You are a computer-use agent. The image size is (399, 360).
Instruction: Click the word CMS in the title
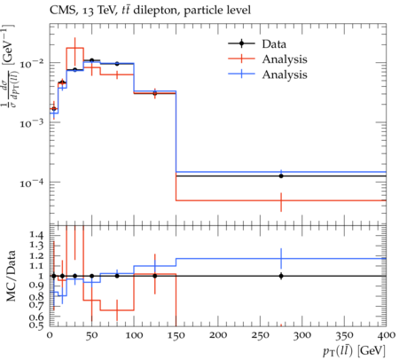point(60,11)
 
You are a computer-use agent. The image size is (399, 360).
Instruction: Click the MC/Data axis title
point(11,276)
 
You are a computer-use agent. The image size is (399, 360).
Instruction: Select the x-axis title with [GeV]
point(354,351)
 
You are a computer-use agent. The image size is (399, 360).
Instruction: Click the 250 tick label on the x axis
point(260,335)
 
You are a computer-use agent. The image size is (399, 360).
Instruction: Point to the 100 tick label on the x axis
point(134,335)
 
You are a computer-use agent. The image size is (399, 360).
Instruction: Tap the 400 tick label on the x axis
point(387,335)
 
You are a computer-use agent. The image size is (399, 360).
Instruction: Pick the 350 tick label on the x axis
point(344,335)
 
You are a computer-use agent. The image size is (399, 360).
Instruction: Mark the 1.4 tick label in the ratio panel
point(36,235)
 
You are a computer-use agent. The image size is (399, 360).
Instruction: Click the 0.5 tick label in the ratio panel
point(36,325)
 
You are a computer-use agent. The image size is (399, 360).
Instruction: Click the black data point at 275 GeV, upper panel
point(281,176)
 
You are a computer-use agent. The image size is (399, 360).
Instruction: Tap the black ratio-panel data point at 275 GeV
point(281,276)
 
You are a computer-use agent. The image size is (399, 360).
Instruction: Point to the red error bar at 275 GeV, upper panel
point(281,202)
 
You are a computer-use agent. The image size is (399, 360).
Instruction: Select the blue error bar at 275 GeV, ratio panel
point(281,259)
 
